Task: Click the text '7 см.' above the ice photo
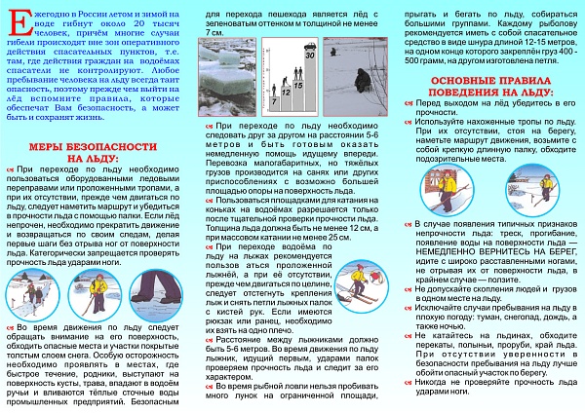pos(216,33)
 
